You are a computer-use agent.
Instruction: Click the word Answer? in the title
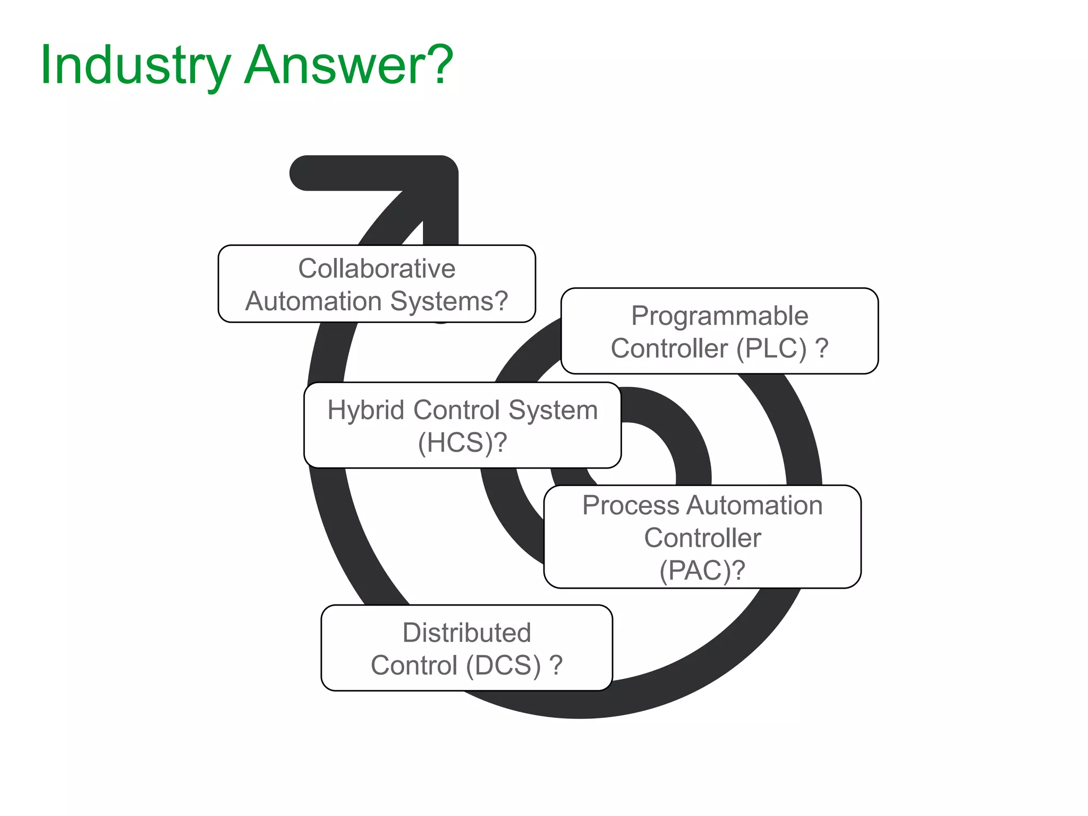(348, 65)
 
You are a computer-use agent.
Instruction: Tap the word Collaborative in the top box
(377, 268)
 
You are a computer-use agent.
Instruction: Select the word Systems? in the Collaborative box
(449, 302)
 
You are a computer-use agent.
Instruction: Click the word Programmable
(719, 316)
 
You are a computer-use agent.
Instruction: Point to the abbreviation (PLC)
(771, 349)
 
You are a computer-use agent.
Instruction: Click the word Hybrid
(367, 410)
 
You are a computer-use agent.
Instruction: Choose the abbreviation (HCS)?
(462, 443)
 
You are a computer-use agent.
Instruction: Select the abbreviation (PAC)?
(702, 571)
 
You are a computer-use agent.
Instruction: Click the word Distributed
(466, 633)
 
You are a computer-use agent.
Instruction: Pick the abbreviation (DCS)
(504, 666)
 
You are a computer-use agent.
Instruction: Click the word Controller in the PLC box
(669, 349)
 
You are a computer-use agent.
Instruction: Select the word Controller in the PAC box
(702, 538)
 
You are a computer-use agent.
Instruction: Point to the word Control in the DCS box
(414, 666)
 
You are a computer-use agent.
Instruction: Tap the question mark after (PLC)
(821, 349)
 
